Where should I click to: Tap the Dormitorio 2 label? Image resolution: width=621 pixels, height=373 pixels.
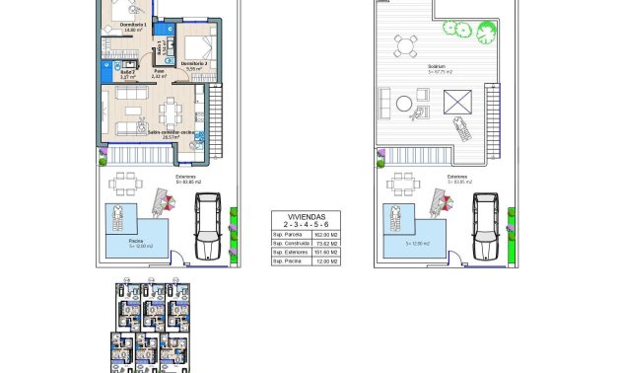click(x=194, y=63)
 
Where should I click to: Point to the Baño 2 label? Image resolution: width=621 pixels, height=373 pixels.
click(x=127, y=72)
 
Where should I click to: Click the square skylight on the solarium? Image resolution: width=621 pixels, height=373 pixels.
click(x=457, y=101)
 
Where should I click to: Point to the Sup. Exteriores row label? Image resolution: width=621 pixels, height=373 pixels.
click(x=290, y=253)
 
